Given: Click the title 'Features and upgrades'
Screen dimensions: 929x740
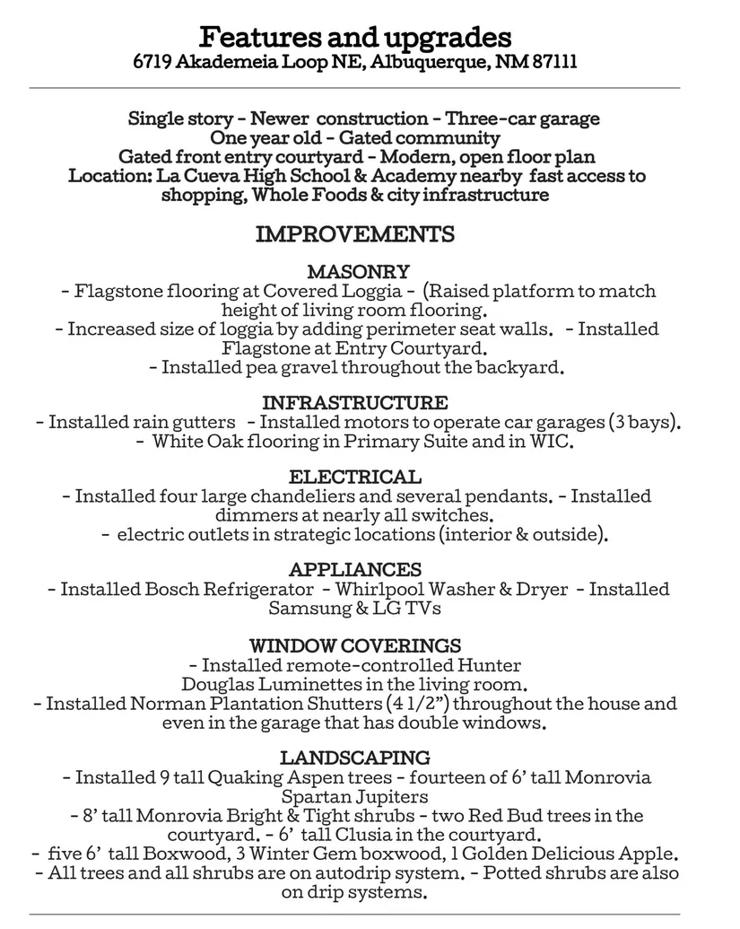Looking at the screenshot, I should point(355,38).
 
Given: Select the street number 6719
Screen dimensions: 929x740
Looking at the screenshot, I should point(152,63).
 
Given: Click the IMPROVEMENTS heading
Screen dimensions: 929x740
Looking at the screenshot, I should point(355,234).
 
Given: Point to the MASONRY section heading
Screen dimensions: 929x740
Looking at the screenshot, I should point(358,271).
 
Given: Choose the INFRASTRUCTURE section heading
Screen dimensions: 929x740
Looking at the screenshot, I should point(355,403).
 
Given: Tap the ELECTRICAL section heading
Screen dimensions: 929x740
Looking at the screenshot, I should point(355,477).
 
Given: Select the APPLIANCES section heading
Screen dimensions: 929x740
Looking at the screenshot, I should point(355,570).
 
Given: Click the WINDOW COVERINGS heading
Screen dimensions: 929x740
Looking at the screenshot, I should point(355,645).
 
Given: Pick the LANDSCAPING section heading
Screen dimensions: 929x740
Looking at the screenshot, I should point(355,758).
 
